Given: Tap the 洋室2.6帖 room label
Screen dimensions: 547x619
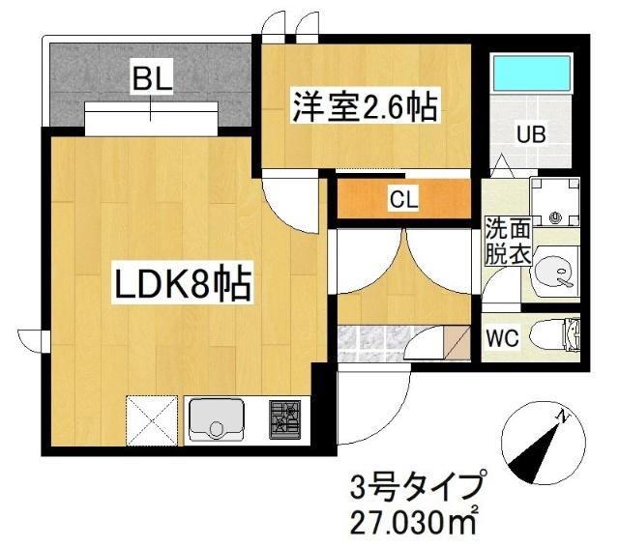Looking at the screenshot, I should click(365, 105).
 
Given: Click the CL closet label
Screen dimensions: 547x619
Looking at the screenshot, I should click(403, 200).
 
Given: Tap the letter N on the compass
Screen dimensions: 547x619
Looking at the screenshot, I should click(559, 416).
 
